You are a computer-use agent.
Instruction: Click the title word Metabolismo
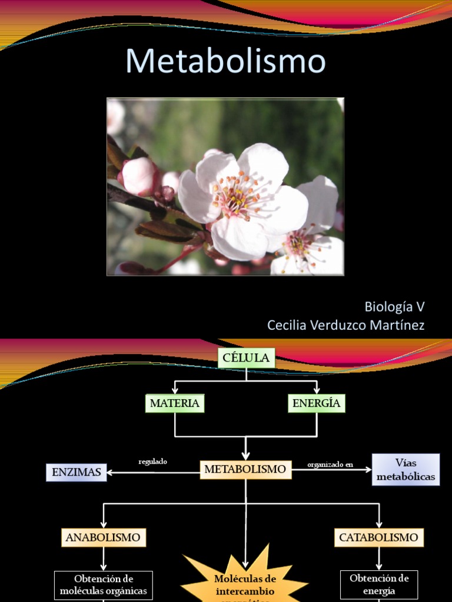coord(225,61)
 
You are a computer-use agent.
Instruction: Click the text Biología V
coord(394,306)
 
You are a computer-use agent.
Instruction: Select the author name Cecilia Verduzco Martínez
coord(345,325)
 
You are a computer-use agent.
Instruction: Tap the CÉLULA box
coord(246,357)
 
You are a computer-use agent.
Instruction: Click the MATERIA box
coord(175,403)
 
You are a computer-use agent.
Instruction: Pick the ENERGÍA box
coord(317,403)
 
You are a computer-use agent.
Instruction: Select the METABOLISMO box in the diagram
coord(245,469)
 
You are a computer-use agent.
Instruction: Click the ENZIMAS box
coord(77,472)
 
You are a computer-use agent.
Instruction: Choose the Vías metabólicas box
coord(406,469)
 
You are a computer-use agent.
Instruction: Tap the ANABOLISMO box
coord(103,537)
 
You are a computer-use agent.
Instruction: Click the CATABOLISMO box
coord(379,537)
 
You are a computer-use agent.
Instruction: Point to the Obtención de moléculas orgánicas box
coord(104,585)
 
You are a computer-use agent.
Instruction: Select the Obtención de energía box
coord(379,584)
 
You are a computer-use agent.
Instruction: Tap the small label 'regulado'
coord(152,461)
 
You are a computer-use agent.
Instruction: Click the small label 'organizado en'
coord(330,464)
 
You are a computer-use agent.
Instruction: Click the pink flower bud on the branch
coord(138,176)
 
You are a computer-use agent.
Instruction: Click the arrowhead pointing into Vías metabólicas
coord(368,469)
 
